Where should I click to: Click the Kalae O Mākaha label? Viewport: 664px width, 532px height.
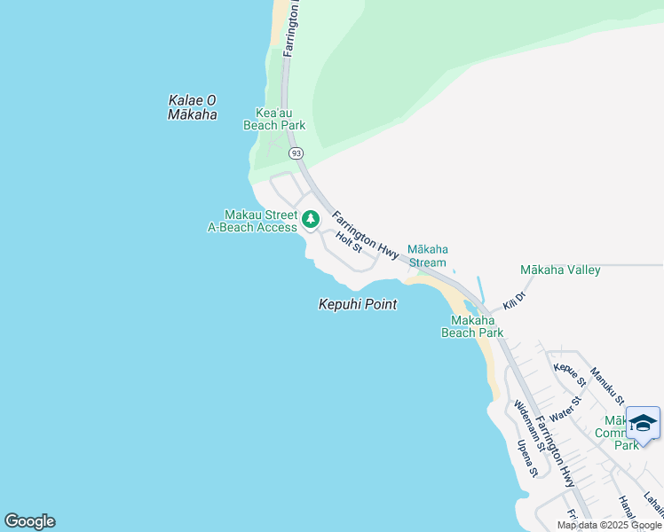click(x=193, y=107)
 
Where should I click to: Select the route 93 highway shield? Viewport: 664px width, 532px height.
click(x=296, y=153)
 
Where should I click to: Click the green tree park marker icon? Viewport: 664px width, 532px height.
click(x=311, y=219)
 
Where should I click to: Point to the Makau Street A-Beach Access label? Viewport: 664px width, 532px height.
click(x=253, y=221)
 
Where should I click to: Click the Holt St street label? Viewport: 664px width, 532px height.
click(x=350, y=239)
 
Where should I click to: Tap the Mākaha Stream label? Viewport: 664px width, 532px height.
click(x=426, y=255)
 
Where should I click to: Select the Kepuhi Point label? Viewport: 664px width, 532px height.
click(x=358, y=304)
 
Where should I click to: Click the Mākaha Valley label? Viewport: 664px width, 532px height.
click(x=560, y=270)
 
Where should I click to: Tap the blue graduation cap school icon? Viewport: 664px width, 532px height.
click(x=643, y=424)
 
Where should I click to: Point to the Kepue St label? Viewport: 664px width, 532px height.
click(x=570, y=375)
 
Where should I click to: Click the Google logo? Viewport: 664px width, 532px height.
click(x=29, y=521)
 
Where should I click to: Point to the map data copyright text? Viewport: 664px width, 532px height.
click(x=609, y=525)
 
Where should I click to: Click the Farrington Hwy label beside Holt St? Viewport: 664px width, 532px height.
click(x=365, y=235)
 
